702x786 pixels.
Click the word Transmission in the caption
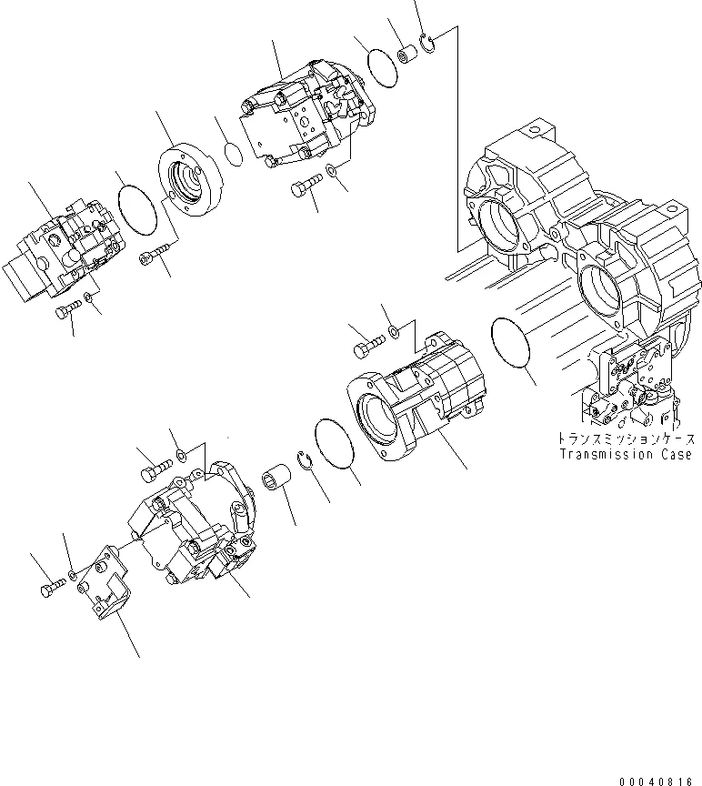point(607,454)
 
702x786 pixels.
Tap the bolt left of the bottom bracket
point(47,591)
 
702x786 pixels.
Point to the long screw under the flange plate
point(155,254)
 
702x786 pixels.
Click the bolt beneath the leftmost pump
point(66,312)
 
